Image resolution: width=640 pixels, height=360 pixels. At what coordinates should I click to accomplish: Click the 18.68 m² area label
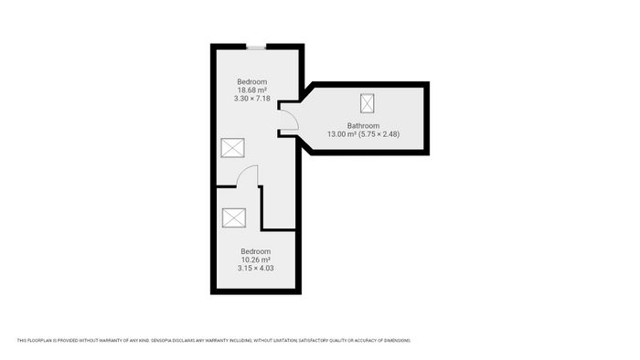[252, 90]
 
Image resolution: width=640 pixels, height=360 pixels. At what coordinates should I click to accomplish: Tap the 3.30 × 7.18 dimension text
[251, 99]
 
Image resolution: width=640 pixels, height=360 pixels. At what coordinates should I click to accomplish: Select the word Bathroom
[363, 125]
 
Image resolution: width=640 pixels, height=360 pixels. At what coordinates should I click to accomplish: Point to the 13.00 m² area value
[342, 134]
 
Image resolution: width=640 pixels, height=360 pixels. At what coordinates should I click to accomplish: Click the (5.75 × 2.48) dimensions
[379, 134]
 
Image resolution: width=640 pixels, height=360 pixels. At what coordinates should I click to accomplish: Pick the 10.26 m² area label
[255, 259]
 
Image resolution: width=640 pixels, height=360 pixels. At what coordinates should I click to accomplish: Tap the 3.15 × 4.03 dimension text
[255, 268]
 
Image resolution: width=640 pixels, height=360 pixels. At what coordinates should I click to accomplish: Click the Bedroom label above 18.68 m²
[251, 81]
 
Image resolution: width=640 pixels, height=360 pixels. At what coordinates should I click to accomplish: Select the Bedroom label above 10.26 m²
[255, 251]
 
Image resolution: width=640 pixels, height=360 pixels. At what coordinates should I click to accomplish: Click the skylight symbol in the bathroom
[368, 103]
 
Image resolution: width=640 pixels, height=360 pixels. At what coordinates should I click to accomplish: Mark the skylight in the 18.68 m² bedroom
[232, 148]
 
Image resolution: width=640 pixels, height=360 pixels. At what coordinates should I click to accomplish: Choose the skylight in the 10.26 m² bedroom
[234, 217]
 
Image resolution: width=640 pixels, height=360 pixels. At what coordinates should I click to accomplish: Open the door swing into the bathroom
[295, 118]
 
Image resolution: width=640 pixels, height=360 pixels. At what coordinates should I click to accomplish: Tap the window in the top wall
[256, 48]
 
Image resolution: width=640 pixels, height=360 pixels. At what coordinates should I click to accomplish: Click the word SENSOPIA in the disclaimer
[161, 340]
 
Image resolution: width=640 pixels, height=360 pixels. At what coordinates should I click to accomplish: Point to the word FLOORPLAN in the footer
[40, 340]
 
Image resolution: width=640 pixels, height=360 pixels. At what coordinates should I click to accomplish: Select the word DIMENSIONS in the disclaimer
[396, 340]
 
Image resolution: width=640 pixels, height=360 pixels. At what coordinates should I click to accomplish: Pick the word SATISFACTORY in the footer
[314, 340]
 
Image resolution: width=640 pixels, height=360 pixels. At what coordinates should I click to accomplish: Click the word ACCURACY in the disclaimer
[363, 340]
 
